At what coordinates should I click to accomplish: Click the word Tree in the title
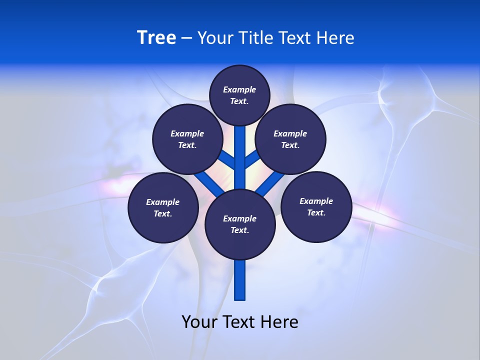coord(156,37)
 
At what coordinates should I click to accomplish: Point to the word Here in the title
coord(335,38)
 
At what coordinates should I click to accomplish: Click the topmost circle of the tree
coord(239,95)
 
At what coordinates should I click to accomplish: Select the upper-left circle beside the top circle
coord(187,139)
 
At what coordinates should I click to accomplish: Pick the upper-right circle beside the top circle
coord(290,139)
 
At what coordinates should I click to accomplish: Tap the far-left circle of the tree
coord(163,207)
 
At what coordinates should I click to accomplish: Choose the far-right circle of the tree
coord(316,206)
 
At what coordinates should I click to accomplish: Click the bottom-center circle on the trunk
coord(240,224)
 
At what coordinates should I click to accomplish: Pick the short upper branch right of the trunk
coord(252,159)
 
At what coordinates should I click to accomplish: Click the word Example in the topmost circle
coord(239,89)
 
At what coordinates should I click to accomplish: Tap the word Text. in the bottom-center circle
coord(239,230)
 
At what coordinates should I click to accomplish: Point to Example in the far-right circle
coord(316,201)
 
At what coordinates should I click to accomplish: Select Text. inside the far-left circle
coord(162,214)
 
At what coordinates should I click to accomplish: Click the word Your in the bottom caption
coord(199,322)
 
